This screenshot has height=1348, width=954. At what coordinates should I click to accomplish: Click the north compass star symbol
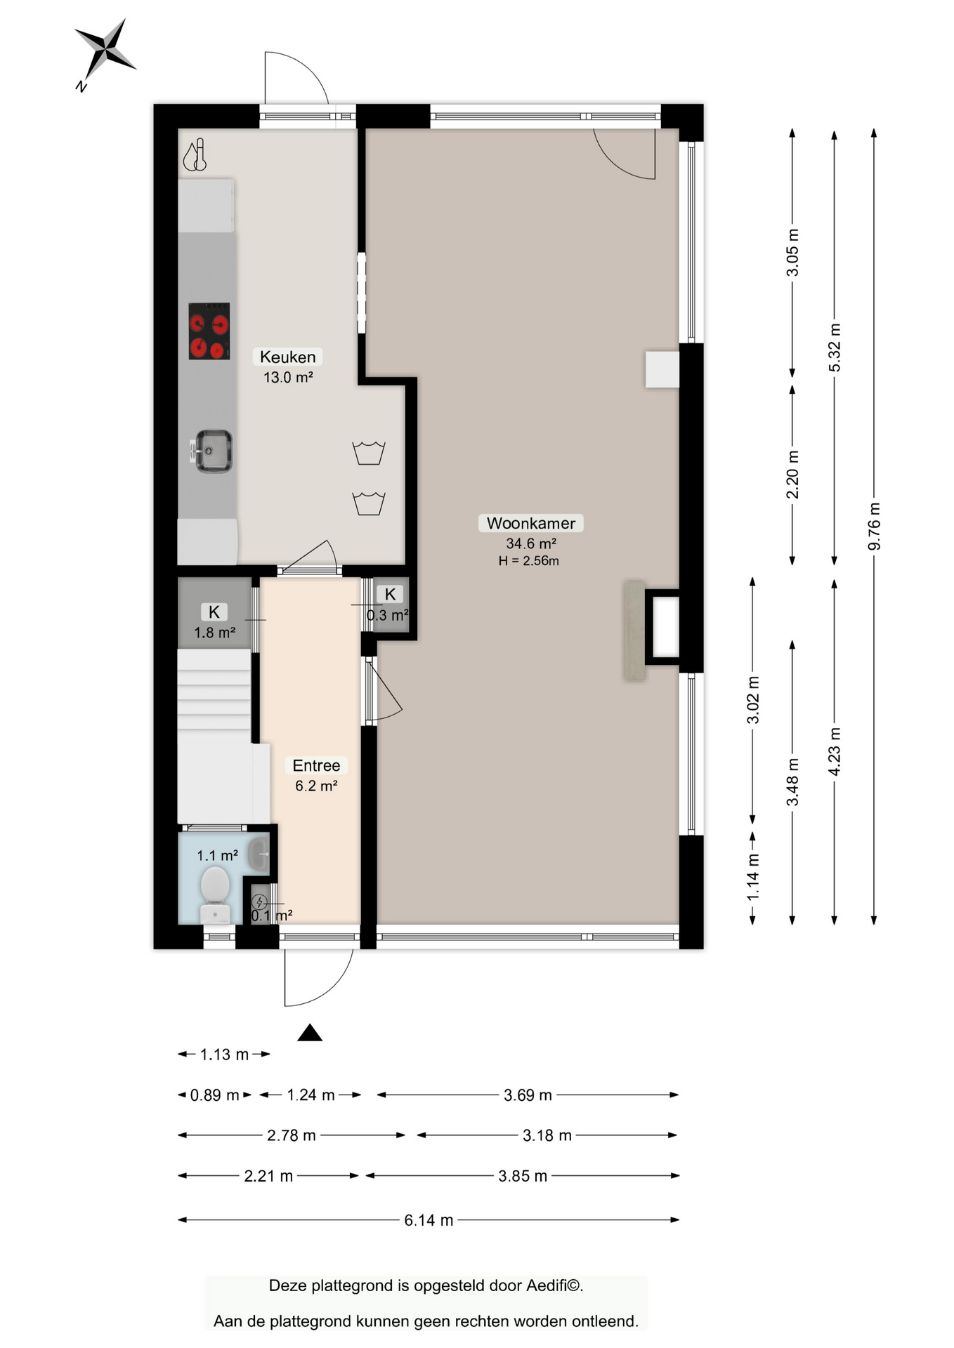click(x=105, y=51)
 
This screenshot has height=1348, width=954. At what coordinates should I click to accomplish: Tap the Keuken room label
click(x=287, y=357)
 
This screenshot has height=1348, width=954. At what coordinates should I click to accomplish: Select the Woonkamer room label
click(x=531, y=523)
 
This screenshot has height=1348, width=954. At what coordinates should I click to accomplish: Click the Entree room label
click(x=316, y=765)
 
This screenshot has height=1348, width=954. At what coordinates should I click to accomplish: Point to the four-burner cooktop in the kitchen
click(x=209, y=331)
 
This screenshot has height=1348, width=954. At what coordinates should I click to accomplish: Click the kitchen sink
click(x=212, y=451)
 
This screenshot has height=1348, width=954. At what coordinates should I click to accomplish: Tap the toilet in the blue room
click(x=215, y=894)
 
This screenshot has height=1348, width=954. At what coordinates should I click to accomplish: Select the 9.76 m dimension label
click(x=874, y=527)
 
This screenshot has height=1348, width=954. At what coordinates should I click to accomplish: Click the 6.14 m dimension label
click(x=429, y=1220)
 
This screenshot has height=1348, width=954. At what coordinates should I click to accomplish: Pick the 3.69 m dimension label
click(x=528, y=1095)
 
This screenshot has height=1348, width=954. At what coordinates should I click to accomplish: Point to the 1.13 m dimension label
click(x=224, y=1055)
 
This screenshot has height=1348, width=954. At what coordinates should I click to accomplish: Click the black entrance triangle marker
click(x=310, y=1032)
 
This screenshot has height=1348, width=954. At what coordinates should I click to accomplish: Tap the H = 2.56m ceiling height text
click(x=529, y=560)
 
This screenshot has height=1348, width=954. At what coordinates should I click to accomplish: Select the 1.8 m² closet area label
click(x=214, y=633)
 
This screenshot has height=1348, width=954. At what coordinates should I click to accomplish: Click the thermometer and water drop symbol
click(x=195, y=154)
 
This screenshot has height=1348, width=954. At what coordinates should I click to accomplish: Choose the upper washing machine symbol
click(x=369, y=453)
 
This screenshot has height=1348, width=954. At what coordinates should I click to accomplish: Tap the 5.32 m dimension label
click(x=835, y=348)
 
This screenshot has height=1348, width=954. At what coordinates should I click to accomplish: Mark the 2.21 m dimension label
click(x=268, y=1176)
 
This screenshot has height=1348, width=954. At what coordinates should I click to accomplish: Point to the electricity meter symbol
click(x=259, y=902)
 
